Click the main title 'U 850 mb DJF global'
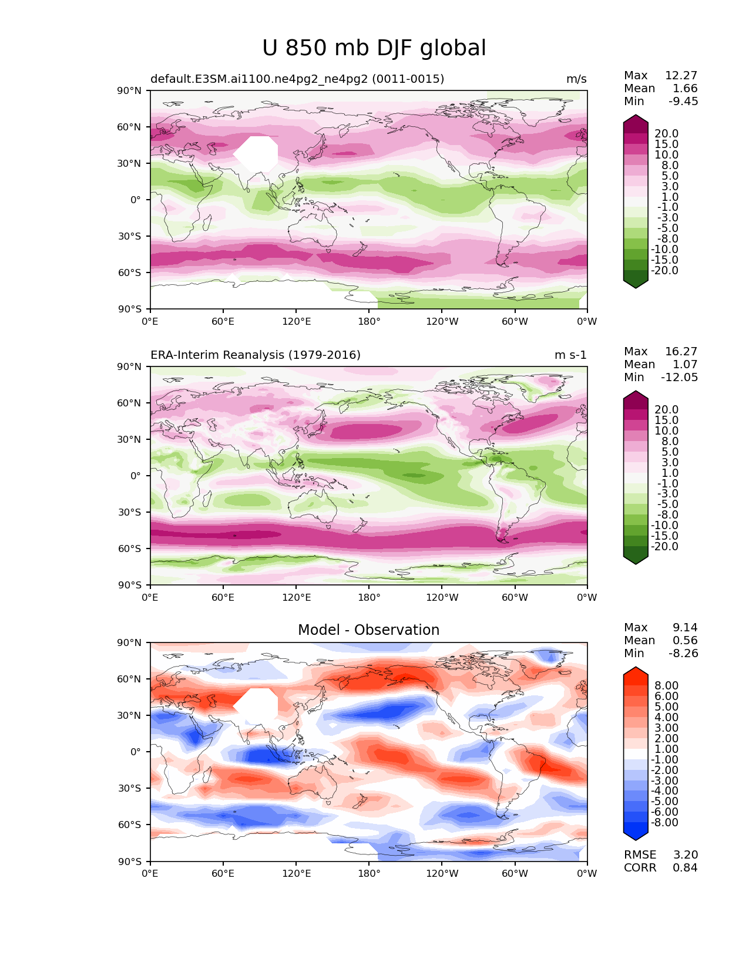pos(374,48)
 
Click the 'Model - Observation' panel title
pos(368,630)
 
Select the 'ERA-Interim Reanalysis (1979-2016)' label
pos(256,355)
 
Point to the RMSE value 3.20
pos(685,854)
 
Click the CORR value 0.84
pos(685,867)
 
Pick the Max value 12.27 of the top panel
pos(681,75)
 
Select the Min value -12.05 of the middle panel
pos(680,377)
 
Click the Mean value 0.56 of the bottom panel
pos(685,640)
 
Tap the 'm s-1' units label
pos(570,355)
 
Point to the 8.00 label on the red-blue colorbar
pos(666,685)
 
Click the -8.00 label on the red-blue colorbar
pos(664,822)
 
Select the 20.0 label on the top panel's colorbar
pos(666,133)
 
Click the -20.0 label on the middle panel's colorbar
pos(664,546)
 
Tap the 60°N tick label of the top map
pos(132,127)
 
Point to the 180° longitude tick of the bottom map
pos(369,873)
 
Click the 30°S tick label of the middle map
pos(132,512)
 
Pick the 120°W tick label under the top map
pos(442,321)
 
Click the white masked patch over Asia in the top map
pos(256,153)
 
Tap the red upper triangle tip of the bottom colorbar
pos(636,672)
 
